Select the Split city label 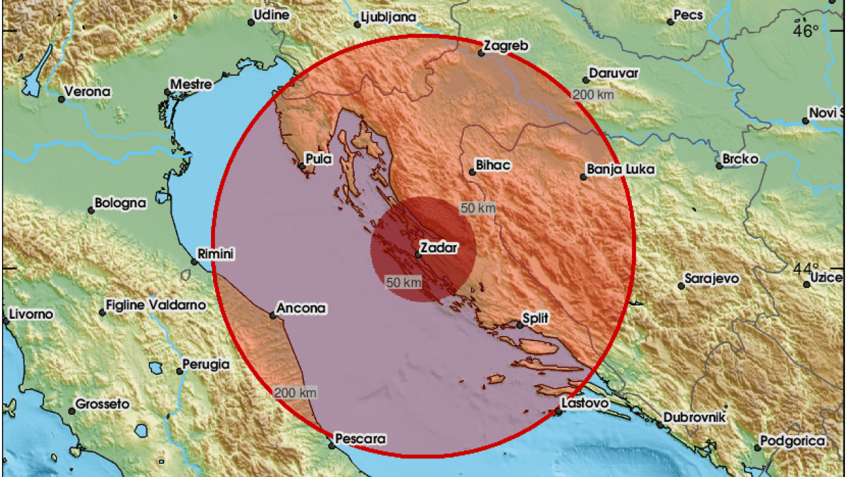tap(535, 319)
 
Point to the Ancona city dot tap(273, 315)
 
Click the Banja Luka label tap(621, 170)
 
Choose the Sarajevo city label tap(711, 279)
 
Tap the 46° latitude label tap(806, 30)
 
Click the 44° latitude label tap(806, 268)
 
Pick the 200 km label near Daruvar tap(594, 94)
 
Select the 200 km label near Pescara tap(295, 393)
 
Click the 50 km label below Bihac tap(478, 208)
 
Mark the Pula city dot tap(302, 166)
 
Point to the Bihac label tap(494, 165)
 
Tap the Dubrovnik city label tap(695, 417)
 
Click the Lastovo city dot tap(558, 412)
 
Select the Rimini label tap(216, 254)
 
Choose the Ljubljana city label tap(388, 17)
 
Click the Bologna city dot tap(91, 211)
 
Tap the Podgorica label tap(793, 441)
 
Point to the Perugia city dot tap(180, 371)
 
